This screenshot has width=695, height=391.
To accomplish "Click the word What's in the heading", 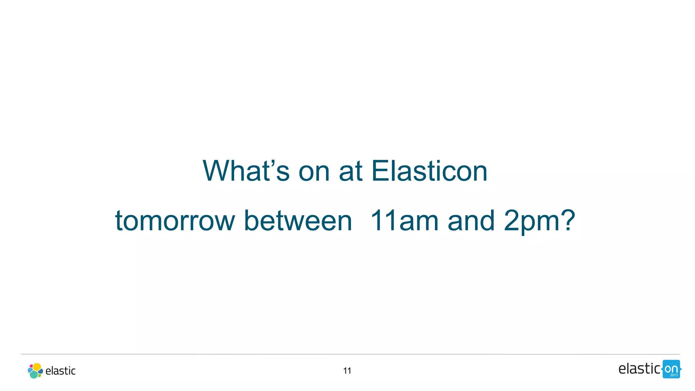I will click(246, 171).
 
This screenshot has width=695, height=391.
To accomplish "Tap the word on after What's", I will click(314, 171).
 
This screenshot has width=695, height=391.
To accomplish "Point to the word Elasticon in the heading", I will click(429, 171).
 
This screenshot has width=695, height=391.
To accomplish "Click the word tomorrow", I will click(175, 221).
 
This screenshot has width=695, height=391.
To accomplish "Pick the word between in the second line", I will click(298, 221).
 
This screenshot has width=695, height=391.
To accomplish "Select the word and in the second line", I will click(471, 221).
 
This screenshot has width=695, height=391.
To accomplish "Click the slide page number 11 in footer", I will click(347, 371).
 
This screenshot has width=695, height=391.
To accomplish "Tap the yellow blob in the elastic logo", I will click(37, 367).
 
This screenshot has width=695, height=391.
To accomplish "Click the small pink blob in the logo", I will click(31, 366).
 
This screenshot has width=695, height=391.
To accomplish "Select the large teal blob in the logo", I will click(34, 374).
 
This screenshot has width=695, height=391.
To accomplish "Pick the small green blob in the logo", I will click(39, 375).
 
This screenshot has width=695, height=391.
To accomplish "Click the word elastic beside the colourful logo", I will click(60, 371).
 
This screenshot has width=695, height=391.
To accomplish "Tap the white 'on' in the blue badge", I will click(671, 369).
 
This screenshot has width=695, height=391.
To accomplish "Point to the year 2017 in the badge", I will click(674, 375).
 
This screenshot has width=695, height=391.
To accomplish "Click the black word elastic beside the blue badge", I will click(639, 369).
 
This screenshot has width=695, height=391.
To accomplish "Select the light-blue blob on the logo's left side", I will click(30, 370).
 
